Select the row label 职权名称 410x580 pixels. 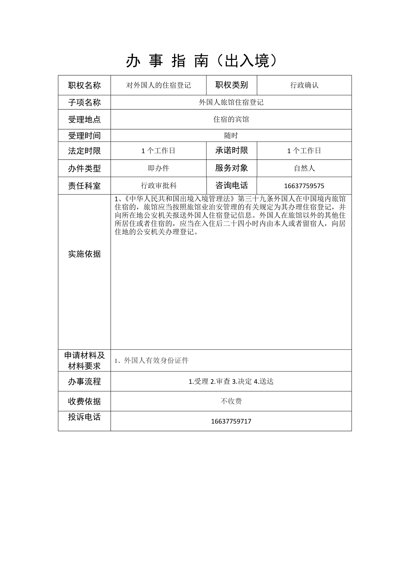pos(84,85)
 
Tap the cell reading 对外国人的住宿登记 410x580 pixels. pos(158,85)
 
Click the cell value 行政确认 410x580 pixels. pos(304,85)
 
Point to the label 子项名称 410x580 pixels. pos(84,102)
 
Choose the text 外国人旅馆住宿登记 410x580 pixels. pos(231,102)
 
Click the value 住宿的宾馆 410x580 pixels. pos(231,119)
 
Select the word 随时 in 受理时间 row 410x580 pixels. pos(231,136)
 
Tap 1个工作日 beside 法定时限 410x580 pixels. pos(158,151)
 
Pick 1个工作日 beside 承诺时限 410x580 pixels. pos(304,151)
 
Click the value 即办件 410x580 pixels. pos(158,168)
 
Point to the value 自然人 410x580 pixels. pos(304,168)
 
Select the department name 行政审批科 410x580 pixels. pos(158,186)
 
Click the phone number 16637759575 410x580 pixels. pos(304,186)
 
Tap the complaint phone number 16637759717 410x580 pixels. pos(231,421)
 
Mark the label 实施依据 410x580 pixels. pos(84,254)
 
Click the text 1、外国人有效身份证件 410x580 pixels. pos(152,360)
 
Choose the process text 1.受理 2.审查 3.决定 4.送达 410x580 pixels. pos(231,382)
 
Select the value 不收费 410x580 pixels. pos(231,401)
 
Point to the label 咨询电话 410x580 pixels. pos(231,186)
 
